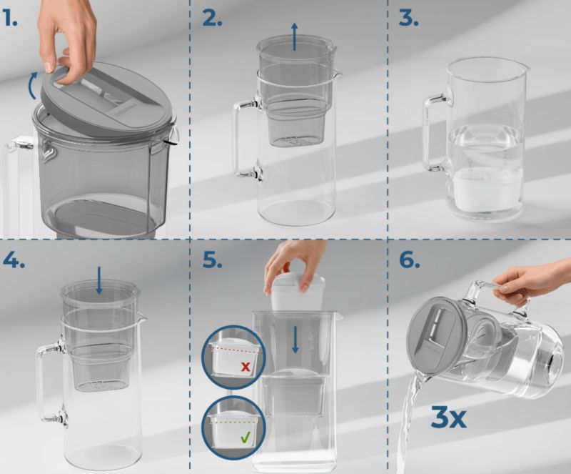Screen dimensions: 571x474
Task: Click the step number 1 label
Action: tap(9, 19)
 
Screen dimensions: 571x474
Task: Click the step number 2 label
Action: tap(212, 19)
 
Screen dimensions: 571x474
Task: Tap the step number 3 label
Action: tap(408, 19)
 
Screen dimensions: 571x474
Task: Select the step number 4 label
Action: tap(14, 260)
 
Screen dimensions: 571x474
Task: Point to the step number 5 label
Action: tap(212, 260)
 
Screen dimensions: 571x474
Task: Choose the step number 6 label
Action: tap(409, 260)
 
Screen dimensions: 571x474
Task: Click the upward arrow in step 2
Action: tap(294, 36)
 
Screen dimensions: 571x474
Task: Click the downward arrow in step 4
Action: tap(99, 280)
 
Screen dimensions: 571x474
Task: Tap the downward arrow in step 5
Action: tap(295, 340)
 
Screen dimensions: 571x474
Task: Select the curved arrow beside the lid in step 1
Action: tap(31, 86)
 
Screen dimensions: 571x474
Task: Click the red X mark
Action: tap(246, 366)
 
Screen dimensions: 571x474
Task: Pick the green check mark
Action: tap(246, 437)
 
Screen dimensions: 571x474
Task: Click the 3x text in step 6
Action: tap(448, 418)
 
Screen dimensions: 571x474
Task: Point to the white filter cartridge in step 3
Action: tap(486, 189)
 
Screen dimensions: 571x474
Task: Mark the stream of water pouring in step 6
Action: tap(410, 427)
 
